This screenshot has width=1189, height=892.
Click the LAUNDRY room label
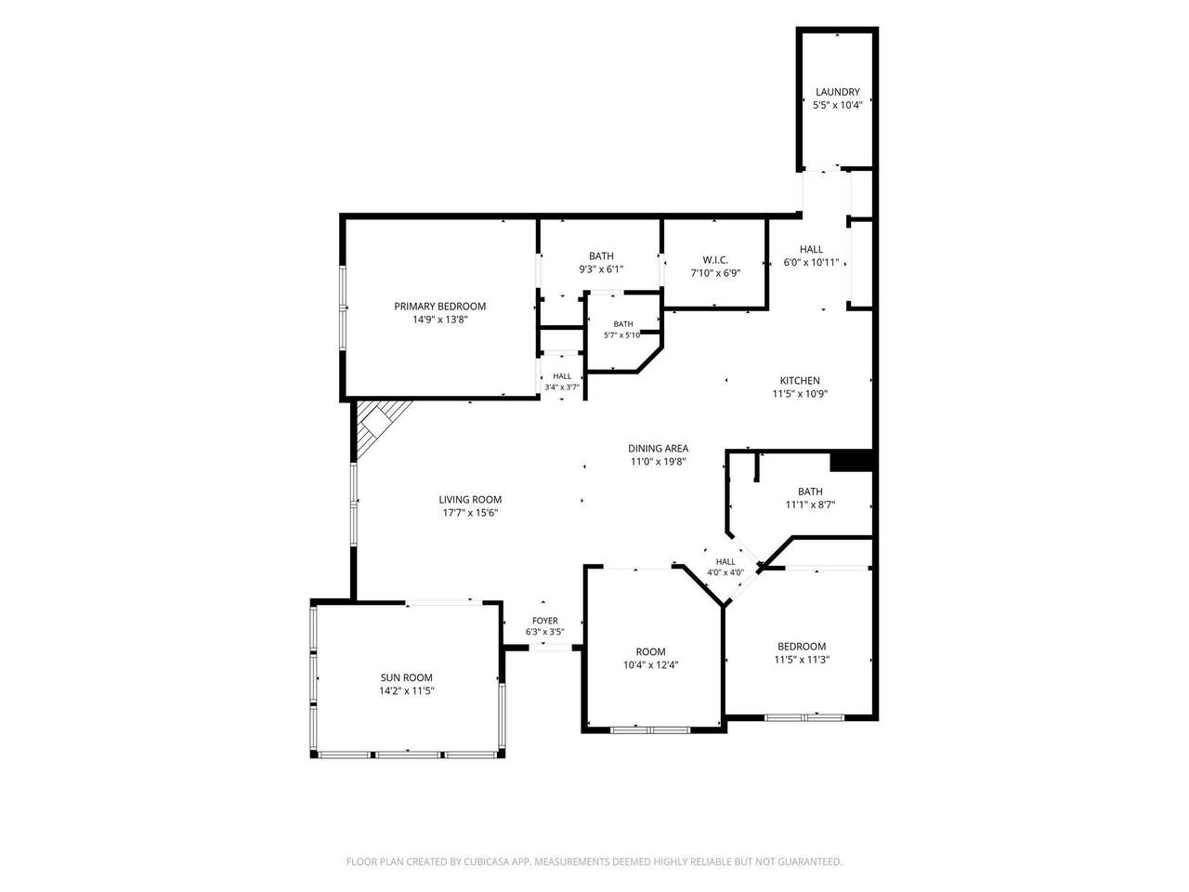838,92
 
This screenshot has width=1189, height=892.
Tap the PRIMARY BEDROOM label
440,307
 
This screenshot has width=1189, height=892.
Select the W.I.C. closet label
715,260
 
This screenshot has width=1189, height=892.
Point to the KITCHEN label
800,381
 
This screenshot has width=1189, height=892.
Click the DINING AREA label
659,449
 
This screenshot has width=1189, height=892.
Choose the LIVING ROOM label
470,500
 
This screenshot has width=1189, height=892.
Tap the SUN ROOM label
406,677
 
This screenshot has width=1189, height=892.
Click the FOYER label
545,621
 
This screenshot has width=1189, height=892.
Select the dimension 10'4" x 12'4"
650,665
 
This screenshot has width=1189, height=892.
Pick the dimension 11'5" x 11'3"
802,660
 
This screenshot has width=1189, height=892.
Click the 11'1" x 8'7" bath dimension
810,505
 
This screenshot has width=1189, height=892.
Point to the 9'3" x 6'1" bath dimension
601,269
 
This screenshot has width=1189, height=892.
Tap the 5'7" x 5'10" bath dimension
623,335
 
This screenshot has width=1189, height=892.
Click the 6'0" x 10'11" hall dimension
812,263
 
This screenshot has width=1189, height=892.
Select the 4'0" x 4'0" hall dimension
725,572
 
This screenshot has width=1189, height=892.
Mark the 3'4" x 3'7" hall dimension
562,387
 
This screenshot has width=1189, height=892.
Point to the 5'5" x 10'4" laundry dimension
838,105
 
